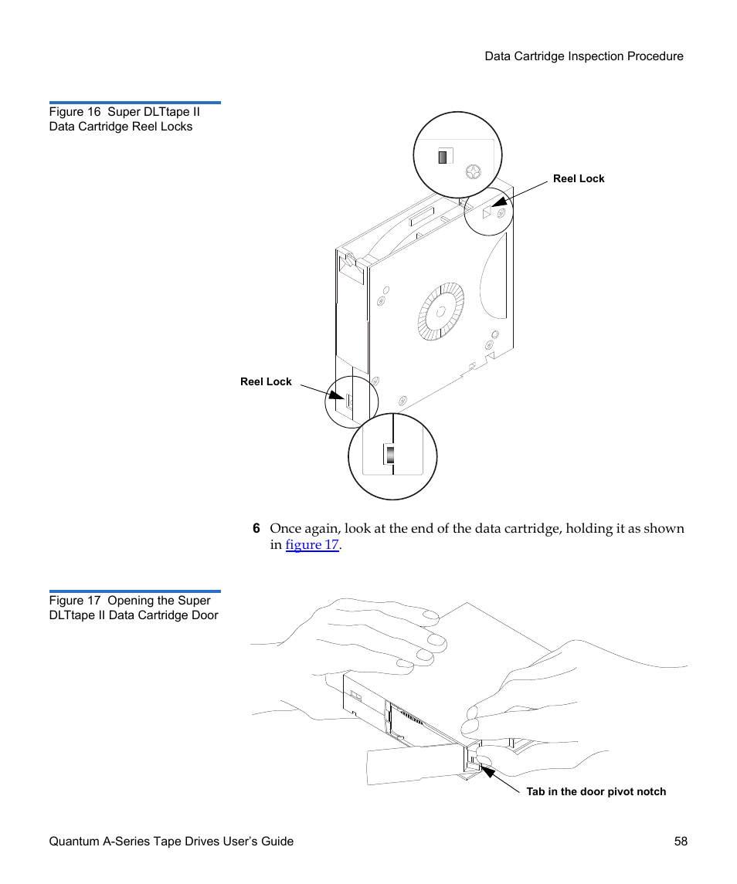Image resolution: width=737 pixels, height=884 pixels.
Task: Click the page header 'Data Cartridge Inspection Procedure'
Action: (x=583, y=56)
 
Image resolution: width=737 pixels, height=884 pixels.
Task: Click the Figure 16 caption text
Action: (x=124, y=119)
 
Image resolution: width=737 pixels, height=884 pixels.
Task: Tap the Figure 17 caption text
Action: (x=134, y=608)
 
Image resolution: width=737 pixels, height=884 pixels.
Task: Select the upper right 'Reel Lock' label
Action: (x=579, y=178)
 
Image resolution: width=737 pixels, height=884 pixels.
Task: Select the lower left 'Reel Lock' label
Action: (x=266, y=381)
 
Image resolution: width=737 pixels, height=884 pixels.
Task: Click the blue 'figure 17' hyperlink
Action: (x=312, y=545)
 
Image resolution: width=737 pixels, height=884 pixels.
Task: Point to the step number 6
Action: (x=256, y=529)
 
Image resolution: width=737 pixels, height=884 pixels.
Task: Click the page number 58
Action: (x=680, y=842)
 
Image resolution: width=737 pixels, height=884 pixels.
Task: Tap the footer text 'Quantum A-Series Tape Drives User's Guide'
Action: (x=172, y=842)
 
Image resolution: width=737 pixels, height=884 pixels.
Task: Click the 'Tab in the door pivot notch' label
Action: (x=596, y=791)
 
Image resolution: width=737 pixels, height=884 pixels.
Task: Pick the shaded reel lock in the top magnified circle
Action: (x=443, y=157)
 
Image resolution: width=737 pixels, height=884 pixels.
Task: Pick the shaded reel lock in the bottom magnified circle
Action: (x=391, y=454)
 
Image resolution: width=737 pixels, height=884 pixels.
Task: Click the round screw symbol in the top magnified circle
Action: (x=470, y=171)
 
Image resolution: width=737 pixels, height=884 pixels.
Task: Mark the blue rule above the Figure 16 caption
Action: (x=135, y=103)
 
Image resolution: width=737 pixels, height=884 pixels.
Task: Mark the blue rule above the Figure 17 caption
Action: (x=135, y=591)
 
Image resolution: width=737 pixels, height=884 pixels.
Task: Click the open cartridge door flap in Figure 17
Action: (x=413, y=764)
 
